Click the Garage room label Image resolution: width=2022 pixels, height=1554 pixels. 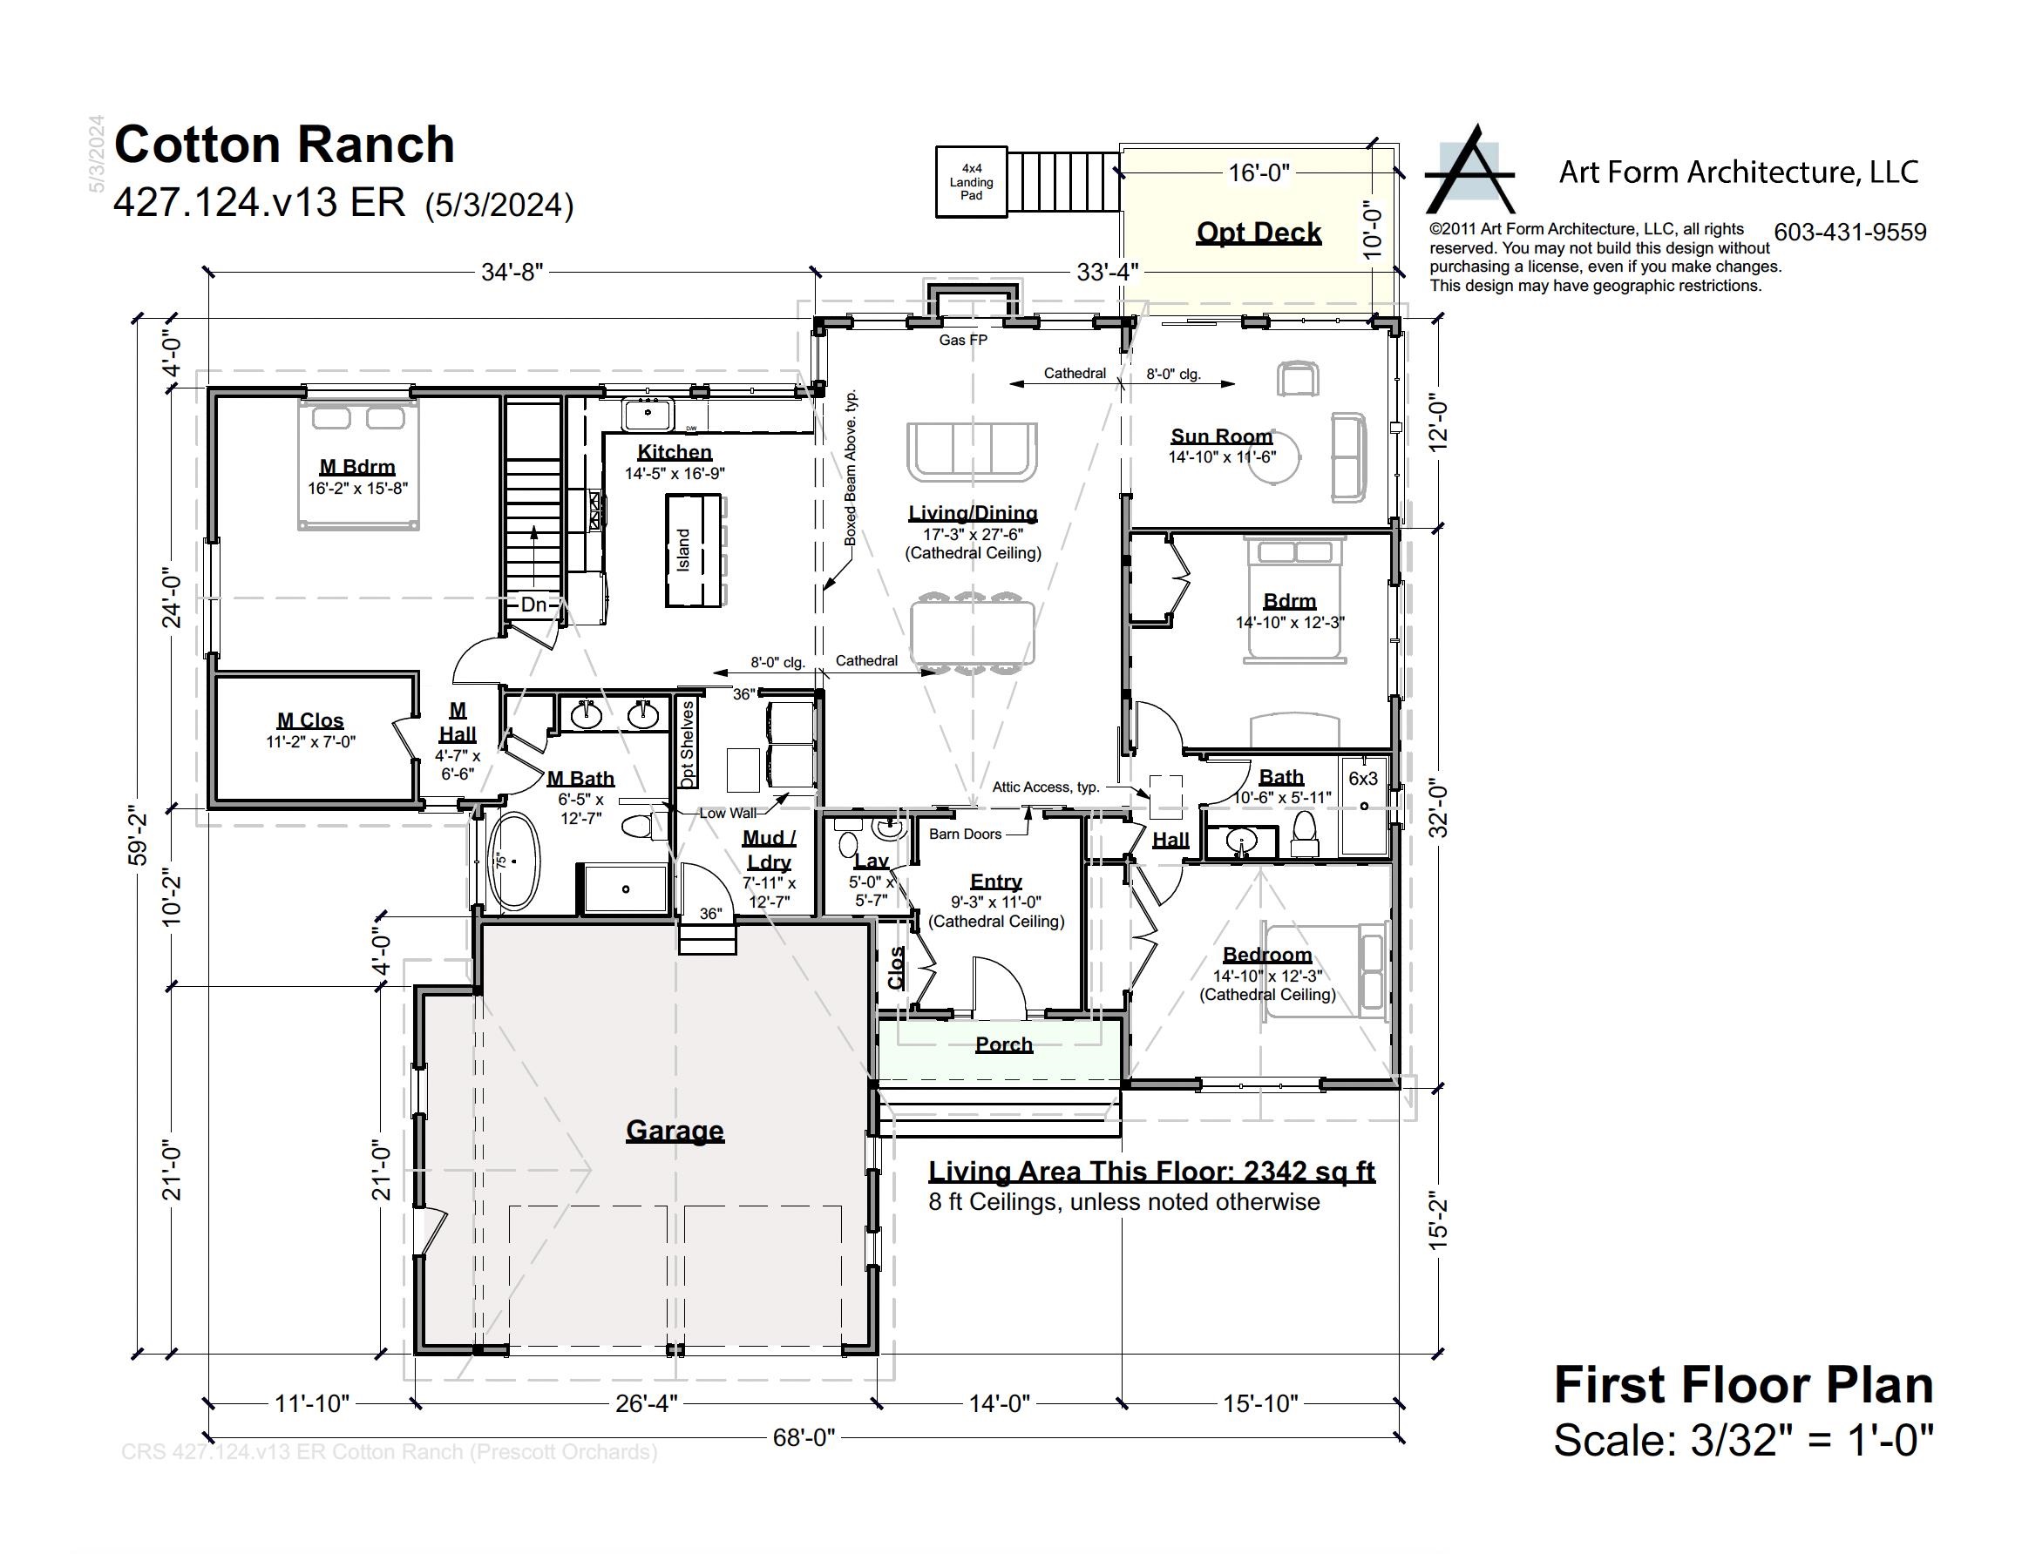674,1130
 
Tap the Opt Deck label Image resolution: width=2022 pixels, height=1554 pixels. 1258,233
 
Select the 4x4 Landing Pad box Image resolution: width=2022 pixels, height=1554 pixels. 971,181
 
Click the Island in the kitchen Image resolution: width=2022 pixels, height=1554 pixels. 693,551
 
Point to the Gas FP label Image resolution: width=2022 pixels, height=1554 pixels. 962,340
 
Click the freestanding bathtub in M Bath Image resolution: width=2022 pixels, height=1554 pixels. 513,861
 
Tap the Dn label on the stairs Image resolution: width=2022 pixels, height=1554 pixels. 534,604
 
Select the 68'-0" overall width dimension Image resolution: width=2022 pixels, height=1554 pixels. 804,1436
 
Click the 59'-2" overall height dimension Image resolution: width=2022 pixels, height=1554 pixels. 138,837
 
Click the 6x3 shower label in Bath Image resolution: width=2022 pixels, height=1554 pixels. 1362,778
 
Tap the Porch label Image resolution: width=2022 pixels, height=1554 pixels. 1003,1044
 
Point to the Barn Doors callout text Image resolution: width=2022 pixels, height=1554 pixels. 964,834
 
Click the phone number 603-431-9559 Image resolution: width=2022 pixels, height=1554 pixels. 1850,233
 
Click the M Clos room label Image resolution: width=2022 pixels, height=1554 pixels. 310,720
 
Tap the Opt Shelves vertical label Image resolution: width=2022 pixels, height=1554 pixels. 688,745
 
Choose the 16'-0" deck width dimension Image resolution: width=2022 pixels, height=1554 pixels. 1258,173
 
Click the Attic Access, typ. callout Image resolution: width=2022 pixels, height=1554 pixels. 1045,787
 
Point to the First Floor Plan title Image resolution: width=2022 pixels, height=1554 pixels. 1742,1385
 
